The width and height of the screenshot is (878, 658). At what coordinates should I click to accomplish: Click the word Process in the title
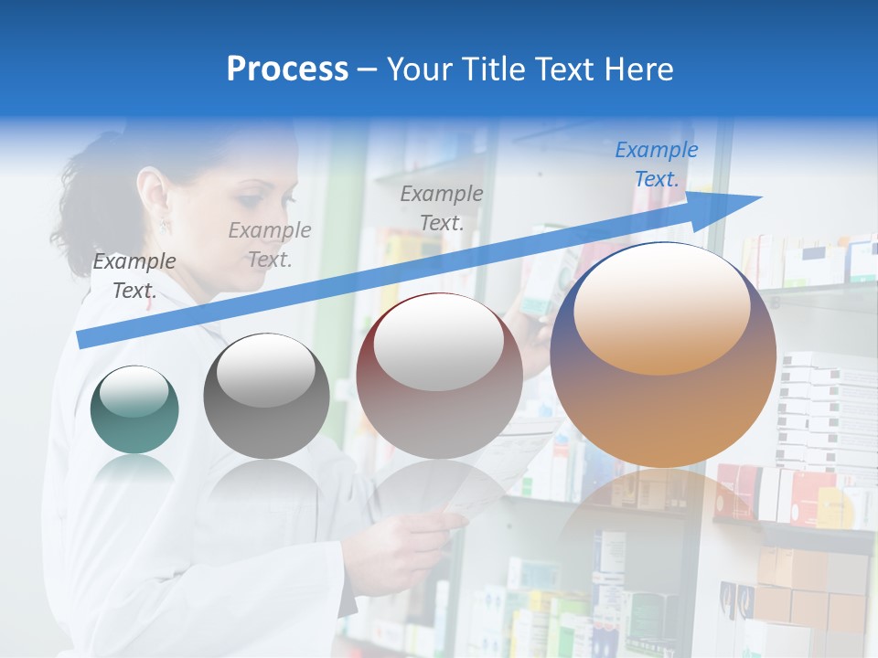[287, 69]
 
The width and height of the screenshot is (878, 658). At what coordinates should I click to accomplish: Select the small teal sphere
[134, 409]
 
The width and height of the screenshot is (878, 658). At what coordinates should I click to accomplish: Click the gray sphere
[266, 397]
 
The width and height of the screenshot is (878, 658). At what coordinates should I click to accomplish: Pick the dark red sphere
[439, 377]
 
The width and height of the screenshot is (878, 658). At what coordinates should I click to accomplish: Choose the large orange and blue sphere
[663, 355]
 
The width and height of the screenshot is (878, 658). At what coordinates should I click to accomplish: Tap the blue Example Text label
[656, 164]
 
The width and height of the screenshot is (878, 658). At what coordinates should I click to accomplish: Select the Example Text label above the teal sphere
[134, 275]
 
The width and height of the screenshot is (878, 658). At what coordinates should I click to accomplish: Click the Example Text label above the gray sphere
[270, 244]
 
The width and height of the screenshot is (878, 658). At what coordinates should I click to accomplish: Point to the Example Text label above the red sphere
[442, 207]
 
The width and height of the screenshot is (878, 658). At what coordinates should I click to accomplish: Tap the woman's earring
[165, 224]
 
